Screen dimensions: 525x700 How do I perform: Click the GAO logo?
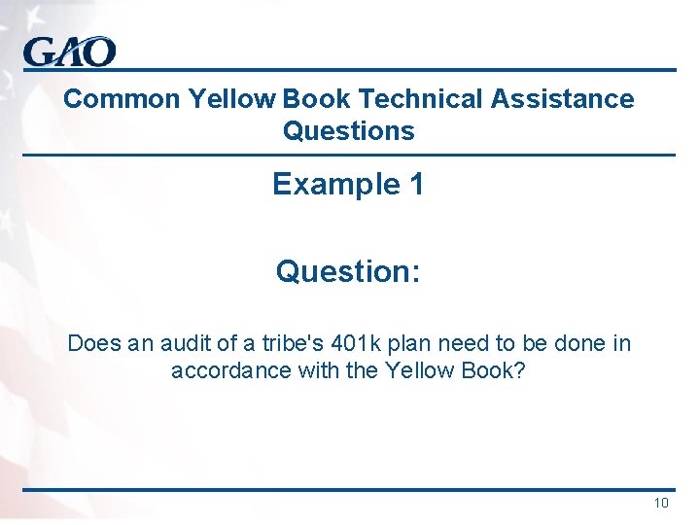pos(69,52)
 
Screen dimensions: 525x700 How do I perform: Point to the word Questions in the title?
pos(348,131)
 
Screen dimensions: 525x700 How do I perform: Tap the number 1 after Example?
pos(416,184)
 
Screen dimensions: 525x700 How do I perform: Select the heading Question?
pos(348,271)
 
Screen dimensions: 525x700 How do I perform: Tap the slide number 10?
pos(661,503)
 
